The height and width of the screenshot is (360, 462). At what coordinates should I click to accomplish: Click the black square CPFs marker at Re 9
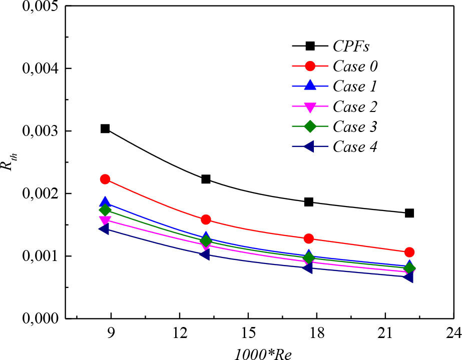click(x=105, y=128)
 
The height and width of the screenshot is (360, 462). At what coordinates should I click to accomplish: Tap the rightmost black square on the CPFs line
click(x=409, y=213)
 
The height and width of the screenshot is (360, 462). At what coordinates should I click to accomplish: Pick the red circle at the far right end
click(x=409, y=252)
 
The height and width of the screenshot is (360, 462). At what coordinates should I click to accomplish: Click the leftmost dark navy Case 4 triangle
click(x=104, y=228)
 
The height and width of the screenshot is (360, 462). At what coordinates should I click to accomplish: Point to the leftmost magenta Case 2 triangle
click(x=105, y=220)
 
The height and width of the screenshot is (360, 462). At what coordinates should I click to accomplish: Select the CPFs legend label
click(x=352, y=46)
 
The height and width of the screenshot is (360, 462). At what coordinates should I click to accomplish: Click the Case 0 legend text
click(x=355, y=66)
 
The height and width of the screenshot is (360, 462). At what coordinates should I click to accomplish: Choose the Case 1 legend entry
click(x=354, y=86)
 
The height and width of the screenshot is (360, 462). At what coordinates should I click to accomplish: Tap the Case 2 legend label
click(x=354, y=106)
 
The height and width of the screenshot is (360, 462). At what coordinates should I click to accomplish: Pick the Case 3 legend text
click(x=354, y=126)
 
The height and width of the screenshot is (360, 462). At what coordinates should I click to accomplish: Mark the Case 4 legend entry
click(x=354, y=146)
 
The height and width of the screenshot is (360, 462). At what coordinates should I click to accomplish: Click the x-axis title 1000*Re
click(x=263, y=352)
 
